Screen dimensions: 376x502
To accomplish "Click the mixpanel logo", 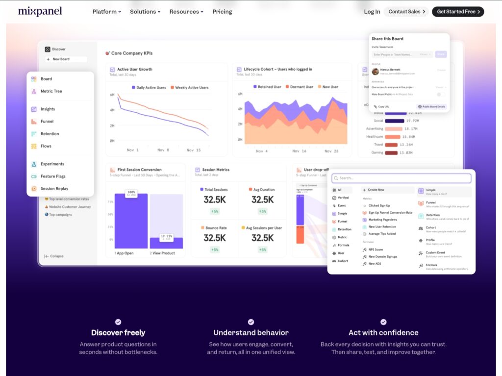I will pyautogui.click(x=40, y=11).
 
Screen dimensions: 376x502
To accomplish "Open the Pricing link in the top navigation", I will pyautogui.click(x=222, y=12).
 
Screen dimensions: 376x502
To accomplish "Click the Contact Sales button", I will pyautogui.click(x=406, y=12).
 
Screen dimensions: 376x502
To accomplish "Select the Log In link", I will pyautogui.click(x=372, y=12).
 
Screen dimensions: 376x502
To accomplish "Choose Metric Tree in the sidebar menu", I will pyautogui.click(x=51, y=91).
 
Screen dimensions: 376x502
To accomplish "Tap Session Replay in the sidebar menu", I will pyautogui.click(x=54, y=189).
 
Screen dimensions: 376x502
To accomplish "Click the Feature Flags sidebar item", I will pyautogui.click(x=53, y=176).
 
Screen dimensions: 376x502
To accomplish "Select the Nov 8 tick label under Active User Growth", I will pyautogui.click(x=163, y=150).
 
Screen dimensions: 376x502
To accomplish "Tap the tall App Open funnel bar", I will pyautogui.click(x=131, y=221).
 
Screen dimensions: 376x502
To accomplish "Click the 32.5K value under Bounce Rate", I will pyautogui.click(x=215, y=238).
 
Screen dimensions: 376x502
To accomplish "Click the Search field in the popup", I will pyautogui.click(x=402, y=178).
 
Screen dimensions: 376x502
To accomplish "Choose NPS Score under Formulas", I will pyautogui.click(x=376, y=250).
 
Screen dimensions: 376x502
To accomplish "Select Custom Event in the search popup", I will pyautogui.click(x=435, y=253).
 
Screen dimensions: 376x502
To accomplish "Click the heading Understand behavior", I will pyautogui.click(x=251, y=332).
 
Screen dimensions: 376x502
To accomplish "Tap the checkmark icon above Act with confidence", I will pyautogui.click(x=383, y=322).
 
